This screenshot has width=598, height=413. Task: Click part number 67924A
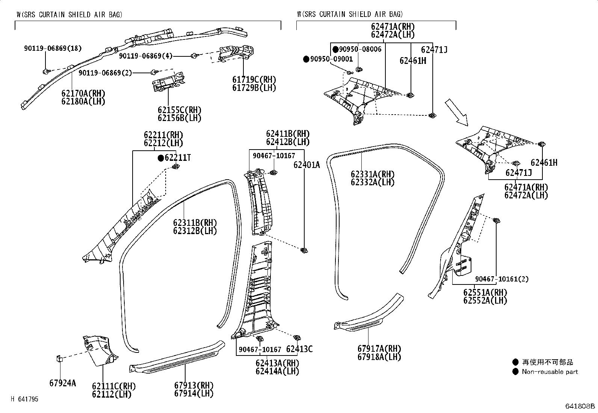pyautogui.click(x=62, y=383)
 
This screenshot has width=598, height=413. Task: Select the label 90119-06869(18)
pyautogui.click(x=53, y=48)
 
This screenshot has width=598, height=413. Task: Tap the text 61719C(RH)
pyautogui.click(x=254, y=80)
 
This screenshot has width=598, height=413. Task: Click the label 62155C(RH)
pyautogui.click(x=180, y=110)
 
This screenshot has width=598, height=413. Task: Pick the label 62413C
pyautogui.click(x=299, y=349)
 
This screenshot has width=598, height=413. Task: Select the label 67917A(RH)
pyautogui.click(x=379, y=349)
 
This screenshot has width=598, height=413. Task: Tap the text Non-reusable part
pyautogui.click(x=550, y=372)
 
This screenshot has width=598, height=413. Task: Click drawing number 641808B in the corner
pyautogui.click(x=581, y=406)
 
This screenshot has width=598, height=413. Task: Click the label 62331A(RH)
pyautogui.click(x=373, y=174)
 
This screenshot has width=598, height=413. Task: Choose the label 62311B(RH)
pyautogui.click(x=195, y=223)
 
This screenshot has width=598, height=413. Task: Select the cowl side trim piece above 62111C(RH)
pyautogui.click(x=100, y=350)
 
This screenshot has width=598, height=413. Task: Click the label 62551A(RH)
pyautogui.click(x=485, y=292)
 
